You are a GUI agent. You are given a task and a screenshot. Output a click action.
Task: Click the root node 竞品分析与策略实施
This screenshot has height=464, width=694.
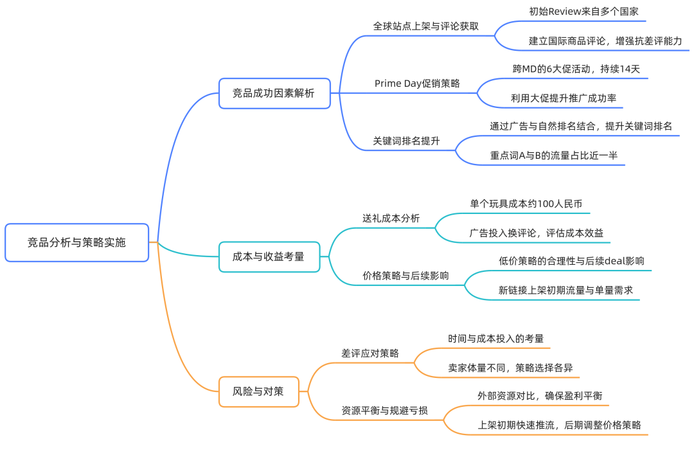coord(76,242)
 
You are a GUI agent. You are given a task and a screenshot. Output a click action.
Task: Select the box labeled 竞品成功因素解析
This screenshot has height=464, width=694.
coord(274,93)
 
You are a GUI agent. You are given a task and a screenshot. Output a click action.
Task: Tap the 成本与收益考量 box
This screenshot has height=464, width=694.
coord(269,256)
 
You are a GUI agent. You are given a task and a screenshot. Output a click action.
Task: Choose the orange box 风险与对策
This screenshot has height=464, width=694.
coord(258,391)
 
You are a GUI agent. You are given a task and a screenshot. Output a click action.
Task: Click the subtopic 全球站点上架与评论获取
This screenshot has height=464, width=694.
coord(425,26)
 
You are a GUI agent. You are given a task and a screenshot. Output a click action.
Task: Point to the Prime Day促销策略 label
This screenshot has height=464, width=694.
coord(417,84)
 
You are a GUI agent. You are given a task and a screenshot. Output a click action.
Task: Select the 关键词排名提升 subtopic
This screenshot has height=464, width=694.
coord(406,141)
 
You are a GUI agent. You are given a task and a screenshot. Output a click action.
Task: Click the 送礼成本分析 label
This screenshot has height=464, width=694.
coord(391,218)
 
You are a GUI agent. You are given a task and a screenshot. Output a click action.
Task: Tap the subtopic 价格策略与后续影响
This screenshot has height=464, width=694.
coord(405,276)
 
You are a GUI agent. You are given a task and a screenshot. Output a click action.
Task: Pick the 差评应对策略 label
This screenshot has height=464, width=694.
coord(370,353)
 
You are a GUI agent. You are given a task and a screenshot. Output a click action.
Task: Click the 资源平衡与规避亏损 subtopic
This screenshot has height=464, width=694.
coord(384,410)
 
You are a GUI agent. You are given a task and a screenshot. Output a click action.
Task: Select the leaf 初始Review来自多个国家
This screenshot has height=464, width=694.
coord(583,12)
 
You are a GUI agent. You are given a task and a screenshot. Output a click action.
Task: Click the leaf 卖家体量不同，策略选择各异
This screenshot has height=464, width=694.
coord(510,368)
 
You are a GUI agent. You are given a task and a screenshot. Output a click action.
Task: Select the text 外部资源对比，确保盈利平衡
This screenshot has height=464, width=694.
coord(539,395)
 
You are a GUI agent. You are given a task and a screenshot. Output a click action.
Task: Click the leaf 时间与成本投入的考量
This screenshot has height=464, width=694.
coord(495,338)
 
